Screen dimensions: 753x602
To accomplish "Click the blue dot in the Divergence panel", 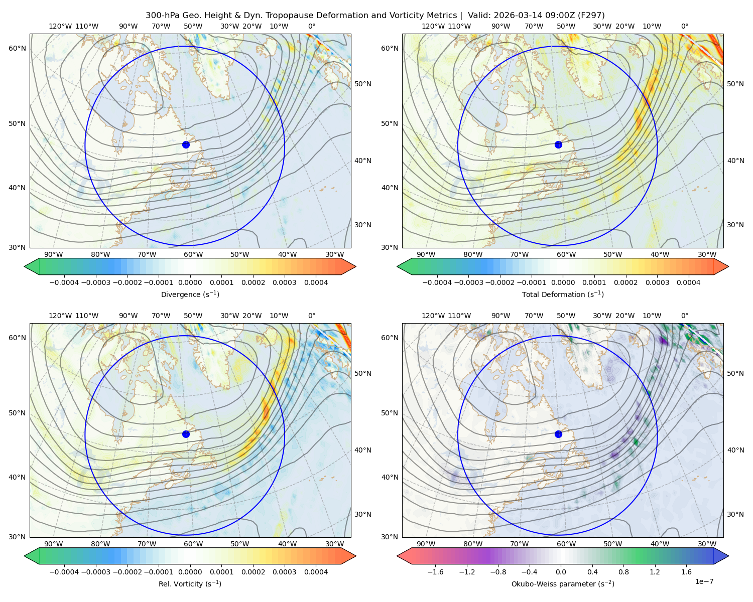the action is pos(186,144).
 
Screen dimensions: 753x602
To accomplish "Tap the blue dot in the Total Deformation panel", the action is pos(558,144).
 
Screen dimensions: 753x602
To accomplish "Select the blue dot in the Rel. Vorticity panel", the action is pos(186,434).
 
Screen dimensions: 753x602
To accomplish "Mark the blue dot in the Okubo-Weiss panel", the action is pos(558,434).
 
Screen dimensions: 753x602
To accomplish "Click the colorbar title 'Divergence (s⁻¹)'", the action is pos(190,294).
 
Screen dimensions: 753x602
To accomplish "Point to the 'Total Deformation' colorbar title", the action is pos(563,294).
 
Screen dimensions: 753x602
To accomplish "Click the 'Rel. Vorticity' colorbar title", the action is pos(190,583).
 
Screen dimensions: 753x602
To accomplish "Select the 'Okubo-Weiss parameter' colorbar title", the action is pos(563,583).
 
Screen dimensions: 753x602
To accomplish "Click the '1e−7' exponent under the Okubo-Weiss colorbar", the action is pos(704,581).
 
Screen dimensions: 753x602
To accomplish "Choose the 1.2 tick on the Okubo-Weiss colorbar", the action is pos(655,571).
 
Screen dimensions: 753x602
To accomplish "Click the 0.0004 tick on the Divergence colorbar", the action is pos(316,282).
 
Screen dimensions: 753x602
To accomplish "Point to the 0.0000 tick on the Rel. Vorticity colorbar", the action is pos(190,571).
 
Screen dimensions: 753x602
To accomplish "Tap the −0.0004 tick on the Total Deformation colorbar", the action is pos(437,282).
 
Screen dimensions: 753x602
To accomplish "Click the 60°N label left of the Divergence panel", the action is pos(17,48).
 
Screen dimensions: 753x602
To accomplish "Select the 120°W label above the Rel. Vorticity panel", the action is pos(60,316).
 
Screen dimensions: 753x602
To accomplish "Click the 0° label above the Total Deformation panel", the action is pos(684,26).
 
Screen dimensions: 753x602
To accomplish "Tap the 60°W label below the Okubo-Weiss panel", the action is pos(566,544).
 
